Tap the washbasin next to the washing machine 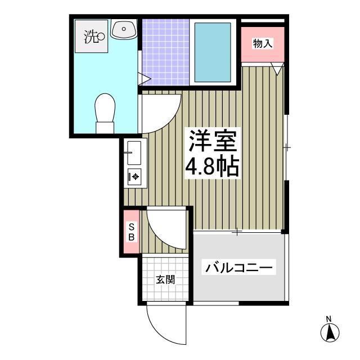coord(124,30)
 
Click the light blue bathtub coord(213,51)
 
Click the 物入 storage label coord(263,43)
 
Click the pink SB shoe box coord(131,231)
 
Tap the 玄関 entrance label coord(165,280)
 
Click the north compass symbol coord(330,333)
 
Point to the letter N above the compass coord(330,320)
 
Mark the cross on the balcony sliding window coord(238,232)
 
